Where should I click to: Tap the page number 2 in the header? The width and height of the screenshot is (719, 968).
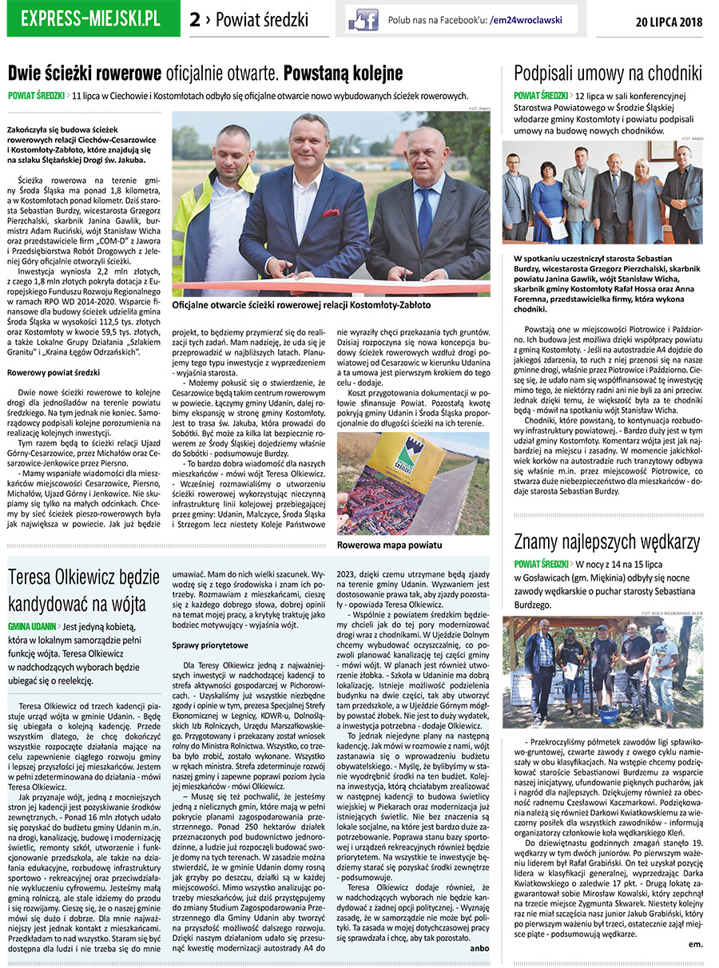coord(195,21)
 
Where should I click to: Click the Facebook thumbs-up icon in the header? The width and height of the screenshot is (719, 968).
coord(363,19)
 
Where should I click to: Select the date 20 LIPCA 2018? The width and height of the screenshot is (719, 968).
coord(669,22)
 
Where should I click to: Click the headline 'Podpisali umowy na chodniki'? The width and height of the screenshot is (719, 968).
coord(607,74)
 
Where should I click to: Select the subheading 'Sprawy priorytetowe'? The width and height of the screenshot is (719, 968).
coord(216,644)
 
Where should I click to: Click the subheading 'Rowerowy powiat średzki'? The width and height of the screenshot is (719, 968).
coord(54,373)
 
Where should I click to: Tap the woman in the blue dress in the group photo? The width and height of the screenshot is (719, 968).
coord(550,204)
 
